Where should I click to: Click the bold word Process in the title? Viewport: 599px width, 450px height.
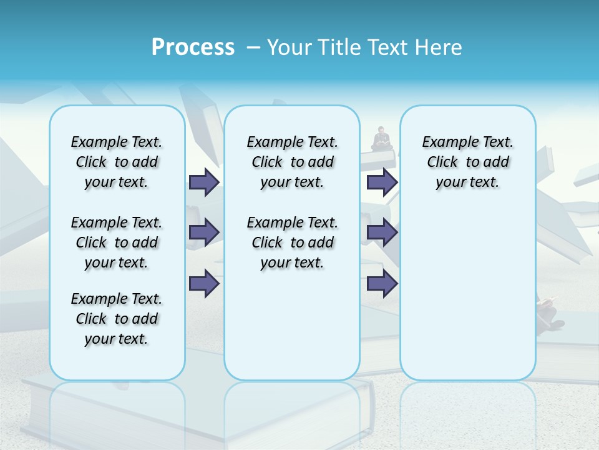193,47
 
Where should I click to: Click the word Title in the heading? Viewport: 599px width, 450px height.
341,47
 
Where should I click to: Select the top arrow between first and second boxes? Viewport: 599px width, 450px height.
204,182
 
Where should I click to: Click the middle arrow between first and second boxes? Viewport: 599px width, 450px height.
204,232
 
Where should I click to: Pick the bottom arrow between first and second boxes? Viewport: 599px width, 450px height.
204,283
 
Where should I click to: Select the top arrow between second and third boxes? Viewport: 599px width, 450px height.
382,182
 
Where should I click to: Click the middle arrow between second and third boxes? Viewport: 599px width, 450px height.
382,232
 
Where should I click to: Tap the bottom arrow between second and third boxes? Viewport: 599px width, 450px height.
382,283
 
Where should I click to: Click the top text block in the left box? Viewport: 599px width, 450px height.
117,162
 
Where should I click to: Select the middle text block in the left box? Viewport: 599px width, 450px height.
117,242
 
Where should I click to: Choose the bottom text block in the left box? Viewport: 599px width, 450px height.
117,319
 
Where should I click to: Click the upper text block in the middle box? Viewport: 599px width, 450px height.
292,162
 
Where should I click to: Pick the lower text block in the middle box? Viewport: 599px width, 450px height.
292,242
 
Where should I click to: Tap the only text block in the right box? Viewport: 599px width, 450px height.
467,162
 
